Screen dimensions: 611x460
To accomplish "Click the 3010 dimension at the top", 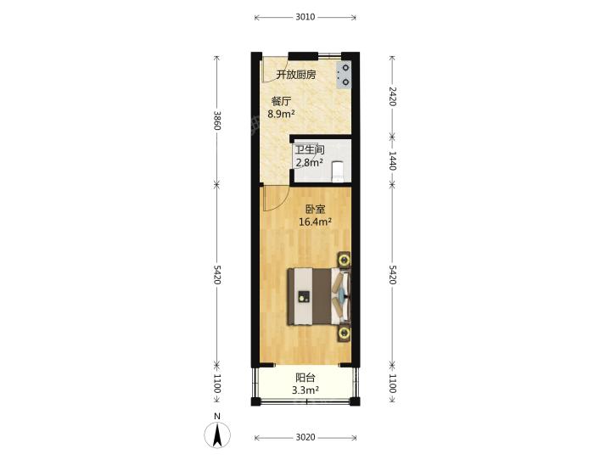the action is tap(305, 17).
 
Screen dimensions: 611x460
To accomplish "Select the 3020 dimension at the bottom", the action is tap(305, 437).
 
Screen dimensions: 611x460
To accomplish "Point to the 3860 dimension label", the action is tap(217, 121).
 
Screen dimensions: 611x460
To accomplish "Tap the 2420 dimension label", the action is tap(392, 96).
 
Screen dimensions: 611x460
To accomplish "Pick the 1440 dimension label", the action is tap(392, 160).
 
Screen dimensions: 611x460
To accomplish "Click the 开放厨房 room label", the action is tap(296, 75).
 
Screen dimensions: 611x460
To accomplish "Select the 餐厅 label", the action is tap(282, 101).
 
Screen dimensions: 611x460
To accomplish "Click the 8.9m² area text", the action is tap(281, 114).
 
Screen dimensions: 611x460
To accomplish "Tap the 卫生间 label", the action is tap(310, 149).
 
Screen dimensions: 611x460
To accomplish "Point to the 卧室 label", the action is tap(315, 210).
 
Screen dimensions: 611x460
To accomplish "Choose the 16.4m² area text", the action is tap(315, 222).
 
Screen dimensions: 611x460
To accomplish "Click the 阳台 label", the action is tap(305, 378).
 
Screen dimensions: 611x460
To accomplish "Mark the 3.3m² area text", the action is tap(305, 390).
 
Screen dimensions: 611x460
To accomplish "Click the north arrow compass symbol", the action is tap(217, 435).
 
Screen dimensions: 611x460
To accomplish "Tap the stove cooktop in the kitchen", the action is tap(344, 75).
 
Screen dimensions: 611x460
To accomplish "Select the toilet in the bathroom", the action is tap(337, 171).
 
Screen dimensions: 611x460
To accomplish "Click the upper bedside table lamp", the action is tap(344, 260).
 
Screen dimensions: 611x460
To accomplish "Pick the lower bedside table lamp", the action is tap(344, 333).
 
